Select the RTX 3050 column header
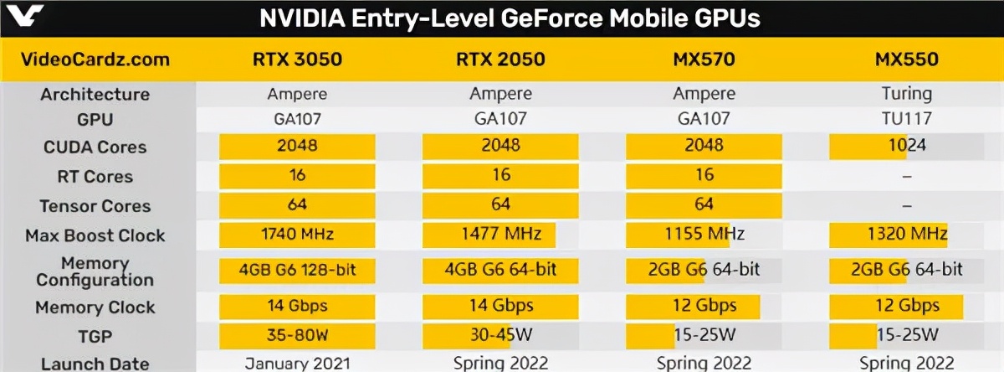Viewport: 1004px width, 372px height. pyautogui.click(x=297, y=59)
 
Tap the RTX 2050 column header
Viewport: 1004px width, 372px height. pyautogui.click(x=500, y=59)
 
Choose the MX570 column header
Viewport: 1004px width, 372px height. pyautogui.click(x=704, y=59)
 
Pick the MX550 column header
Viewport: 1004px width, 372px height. pyautogui.click(x=907, y=59)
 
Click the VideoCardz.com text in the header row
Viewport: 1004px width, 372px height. pyautogui.click(x=95, y=59)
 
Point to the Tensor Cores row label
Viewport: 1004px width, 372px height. pyautogui.click(x=95, y=206)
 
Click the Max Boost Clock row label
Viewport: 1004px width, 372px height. pyautogui.click(x=95, y=235)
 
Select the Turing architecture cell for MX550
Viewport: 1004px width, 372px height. pyautogui.click(x=907, y=94)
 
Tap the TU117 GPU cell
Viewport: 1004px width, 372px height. pyautogui.click(x=907, y=119)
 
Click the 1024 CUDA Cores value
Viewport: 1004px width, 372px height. pyautogui.click(x=907, y=146)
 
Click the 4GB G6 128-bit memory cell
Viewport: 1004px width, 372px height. pyautogui.click(x=297, y=271)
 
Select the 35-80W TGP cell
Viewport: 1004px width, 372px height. pyautogui.click(x=297, y=335)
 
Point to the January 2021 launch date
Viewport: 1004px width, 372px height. pyautogui.click(x=297, y=363)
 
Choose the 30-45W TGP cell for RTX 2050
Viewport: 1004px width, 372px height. pyautogui.click(x=500, y=335)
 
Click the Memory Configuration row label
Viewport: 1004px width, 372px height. pyautogui.click(x=95, y=271)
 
